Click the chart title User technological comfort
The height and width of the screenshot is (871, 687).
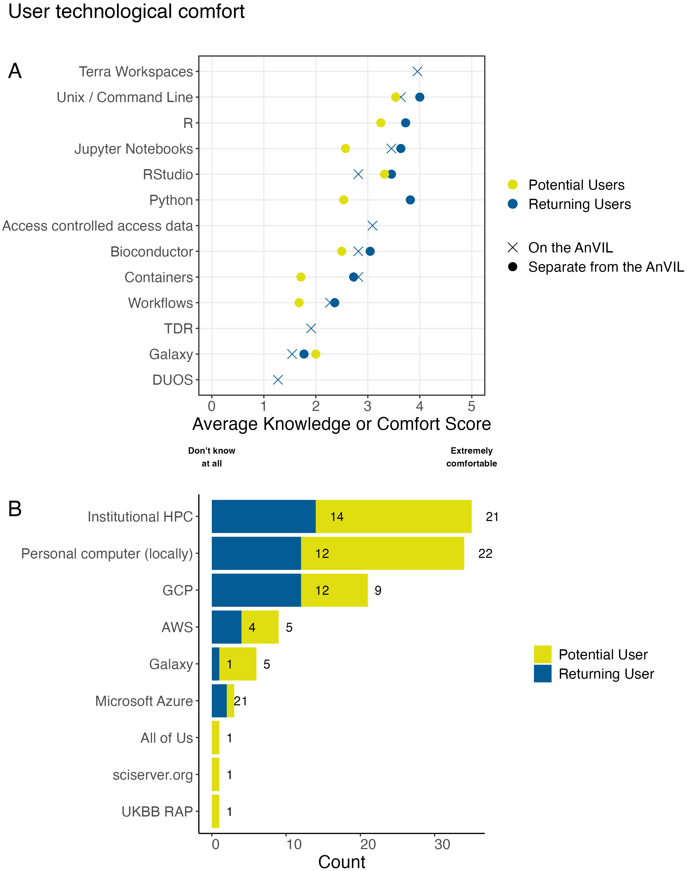[x=126, y=11]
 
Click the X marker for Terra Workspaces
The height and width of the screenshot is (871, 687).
[x=417, y=72]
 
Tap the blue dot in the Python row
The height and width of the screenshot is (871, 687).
[x=410, y=200]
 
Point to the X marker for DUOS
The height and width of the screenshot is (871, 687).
[x=278, y=380]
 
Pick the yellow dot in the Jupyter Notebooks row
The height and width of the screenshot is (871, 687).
[x=345, y=149]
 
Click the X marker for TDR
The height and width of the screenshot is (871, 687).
[x=311, y=328]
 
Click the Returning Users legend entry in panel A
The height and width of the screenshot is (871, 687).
[x=579, y=204]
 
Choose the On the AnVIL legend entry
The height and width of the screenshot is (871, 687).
[x=570, y=247]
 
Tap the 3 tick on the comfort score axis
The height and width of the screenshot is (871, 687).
[x=367, y=406]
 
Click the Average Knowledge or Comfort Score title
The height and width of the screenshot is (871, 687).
[x=341, y=424]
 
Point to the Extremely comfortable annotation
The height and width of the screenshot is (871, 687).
[x=471, y=457]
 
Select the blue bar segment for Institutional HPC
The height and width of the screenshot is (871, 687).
[x=263, y=516]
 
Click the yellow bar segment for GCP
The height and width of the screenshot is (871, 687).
[x=334, y=590]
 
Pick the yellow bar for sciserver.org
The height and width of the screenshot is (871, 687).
[x=216, y=775]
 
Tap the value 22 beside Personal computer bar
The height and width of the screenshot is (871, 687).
[x=485, y=554]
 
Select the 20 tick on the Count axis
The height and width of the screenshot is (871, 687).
[x=368, y=844]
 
